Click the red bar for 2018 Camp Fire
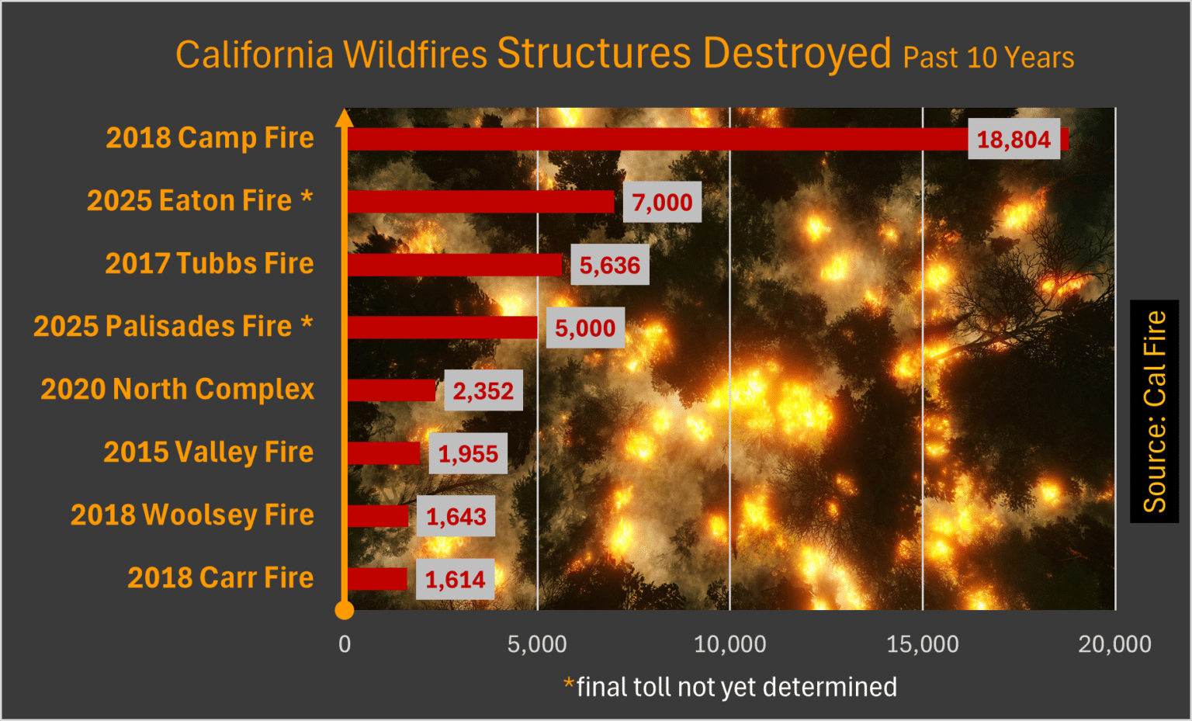point(656,139)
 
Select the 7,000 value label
point(662,203)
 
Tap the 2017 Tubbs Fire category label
point(210,263)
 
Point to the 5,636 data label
point(610,265)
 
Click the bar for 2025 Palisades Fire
point(442,328)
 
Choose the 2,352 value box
point(483,390)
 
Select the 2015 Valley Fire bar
point(384,453)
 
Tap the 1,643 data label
point(456,516)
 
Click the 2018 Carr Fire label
point(220,577)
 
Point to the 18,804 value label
point(1014,140)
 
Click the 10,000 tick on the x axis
point(729,644)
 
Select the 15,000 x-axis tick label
point(923,644)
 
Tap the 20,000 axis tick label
point(1114,644)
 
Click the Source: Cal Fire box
point(1154,411)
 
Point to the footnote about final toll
point(730,687)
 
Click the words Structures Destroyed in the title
point(694,54)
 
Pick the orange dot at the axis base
point(345,610)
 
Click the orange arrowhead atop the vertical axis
point(345,117)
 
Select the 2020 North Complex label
point(178,389)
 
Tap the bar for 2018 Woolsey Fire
point(378,516)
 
